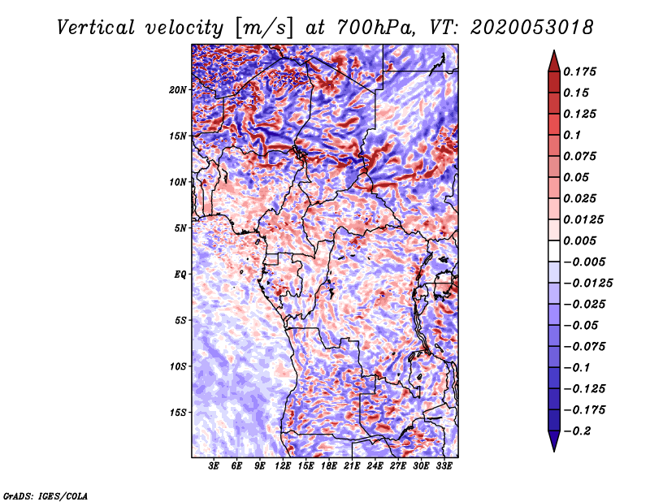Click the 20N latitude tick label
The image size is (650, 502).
click(x=178, y=89)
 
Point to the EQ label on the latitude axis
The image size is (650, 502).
click(x=180, y=274)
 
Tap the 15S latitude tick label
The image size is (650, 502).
click(x=178, y=412)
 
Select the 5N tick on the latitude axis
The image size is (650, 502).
click(x=180, y=227)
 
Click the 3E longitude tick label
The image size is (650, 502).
click(x=214, y=466)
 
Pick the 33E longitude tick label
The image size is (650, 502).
click(x=444, y=466)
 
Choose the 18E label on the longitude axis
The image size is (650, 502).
click(x=329, y=466)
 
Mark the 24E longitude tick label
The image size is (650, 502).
click(x=375, y=466)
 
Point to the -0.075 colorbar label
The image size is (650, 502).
click(x=584, y=347)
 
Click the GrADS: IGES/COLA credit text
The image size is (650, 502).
click(x=45, y=495)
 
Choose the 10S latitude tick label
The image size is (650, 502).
click(x=178, y=366)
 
